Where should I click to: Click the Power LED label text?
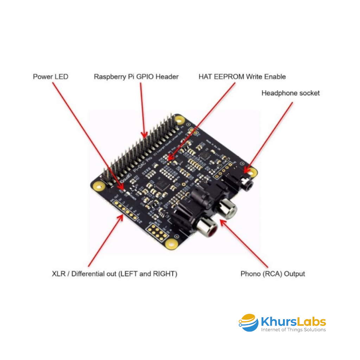tap(50, 77)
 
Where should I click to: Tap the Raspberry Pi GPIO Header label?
tap(136, 77)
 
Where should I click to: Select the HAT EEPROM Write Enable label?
tap(242, 77)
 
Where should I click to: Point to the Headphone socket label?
tap(290, 93)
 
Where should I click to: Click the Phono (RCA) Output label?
tap(272, 274)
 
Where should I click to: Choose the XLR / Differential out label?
tap(114, 274)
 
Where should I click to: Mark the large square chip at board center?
tap(163, 183)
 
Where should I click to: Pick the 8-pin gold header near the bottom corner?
tap(157, 232)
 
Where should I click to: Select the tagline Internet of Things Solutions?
tap(293, 330)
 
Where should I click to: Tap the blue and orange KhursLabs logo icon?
tap(248, 323)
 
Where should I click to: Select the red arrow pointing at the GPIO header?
tap(142, 109)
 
